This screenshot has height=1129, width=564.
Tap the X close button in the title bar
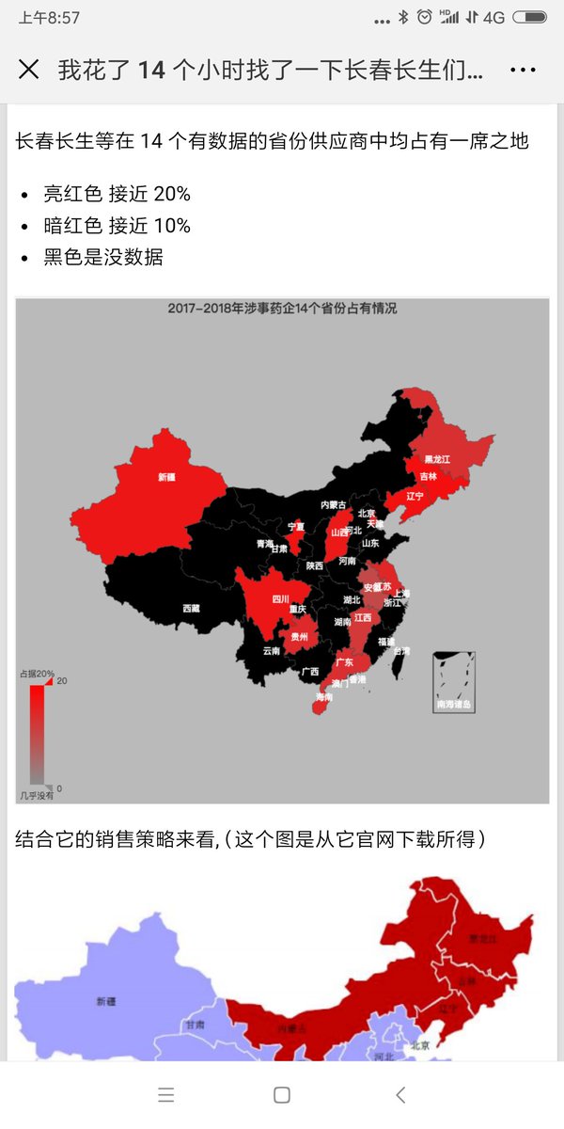point(28,69)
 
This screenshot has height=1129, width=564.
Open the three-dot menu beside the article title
point(523,70)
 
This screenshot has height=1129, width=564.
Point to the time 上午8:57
point(49,18)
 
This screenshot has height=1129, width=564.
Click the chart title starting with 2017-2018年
point(282,308)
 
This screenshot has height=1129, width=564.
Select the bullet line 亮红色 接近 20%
point(117,194)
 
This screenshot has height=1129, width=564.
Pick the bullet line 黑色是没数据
point(103,257)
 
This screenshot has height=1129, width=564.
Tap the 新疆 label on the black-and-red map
point(167,477)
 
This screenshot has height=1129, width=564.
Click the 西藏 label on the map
point(191,608)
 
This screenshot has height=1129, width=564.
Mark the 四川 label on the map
point(280,598)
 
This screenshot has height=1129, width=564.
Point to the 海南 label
point(323,697)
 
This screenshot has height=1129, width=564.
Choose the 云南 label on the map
point(271,650)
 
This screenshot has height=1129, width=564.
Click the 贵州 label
point(298,636)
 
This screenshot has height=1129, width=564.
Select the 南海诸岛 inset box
point(453,682)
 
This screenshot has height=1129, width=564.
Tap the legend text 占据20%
point(37,674)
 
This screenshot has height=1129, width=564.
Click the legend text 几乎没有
point(37,796)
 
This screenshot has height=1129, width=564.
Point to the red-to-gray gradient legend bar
point(37,734)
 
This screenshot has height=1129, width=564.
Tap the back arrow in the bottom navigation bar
point(401,1094)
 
